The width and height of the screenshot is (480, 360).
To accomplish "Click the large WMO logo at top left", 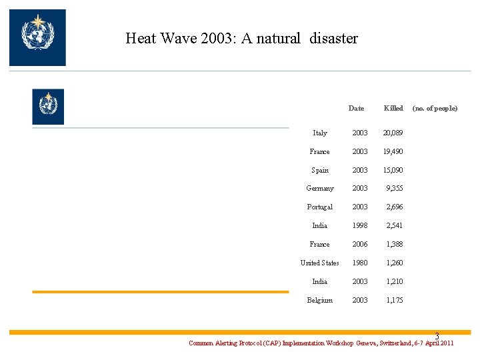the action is click(x=37, y=37).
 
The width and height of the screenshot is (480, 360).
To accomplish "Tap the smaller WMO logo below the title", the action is click(x=48, y=107).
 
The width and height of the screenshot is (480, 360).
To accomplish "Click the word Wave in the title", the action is click(x=179, y=38).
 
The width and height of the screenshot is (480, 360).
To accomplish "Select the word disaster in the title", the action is click(x=334, y=38).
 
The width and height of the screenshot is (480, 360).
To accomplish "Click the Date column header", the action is click(x=356, y=108).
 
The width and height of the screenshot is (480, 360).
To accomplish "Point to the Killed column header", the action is click(x=393, y=108).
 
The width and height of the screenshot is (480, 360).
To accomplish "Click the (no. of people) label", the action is click(x=435, y=109).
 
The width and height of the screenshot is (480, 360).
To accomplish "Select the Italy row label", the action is click(x=320, y=133).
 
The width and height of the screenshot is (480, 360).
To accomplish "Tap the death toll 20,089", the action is click(x=393, y=133).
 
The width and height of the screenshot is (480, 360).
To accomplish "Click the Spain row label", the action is click(x=320, y=170).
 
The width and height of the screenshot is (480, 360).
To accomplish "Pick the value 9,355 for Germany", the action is click(x=394, y=188).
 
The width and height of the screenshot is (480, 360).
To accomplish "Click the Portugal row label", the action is click(x=320, y=207).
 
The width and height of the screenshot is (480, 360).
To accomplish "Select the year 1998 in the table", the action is click(x=360, y=225).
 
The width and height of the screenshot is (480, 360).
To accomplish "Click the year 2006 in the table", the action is click(x=360, y=244).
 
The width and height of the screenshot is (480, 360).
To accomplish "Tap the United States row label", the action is click(x=319, y=263).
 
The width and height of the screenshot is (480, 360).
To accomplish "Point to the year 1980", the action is click(x=360, y=263).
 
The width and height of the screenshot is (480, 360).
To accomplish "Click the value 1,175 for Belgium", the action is click(x=395, y=300).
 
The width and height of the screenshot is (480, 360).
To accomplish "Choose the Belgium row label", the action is click(x=320, y=300).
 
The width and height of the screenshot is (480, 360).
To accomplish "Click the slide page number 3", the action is click(x=437, y=336).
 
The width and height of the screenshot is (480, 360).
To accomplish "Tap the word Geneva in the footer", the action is click(x=367, y=343).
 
